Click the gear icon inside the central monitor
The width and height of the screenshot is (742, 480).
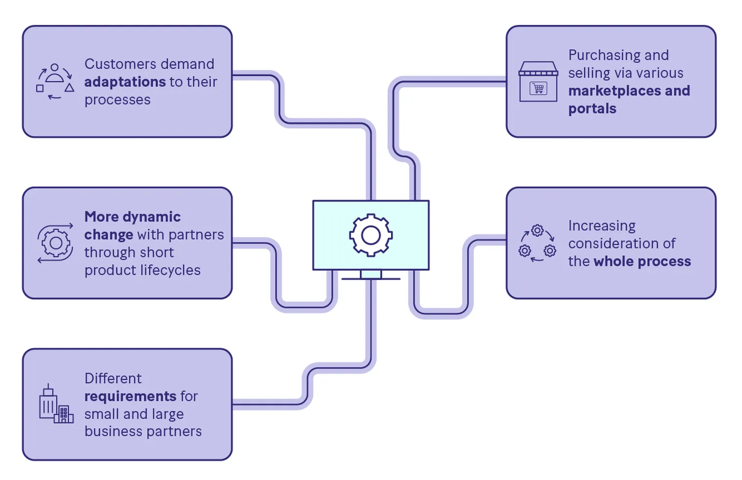(x=371, y=235)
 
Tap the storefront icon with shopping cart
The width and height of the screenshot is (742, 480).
(x=538, y=81)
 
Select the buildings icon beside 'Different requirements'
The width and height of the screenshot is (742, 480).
(x=56, y=403)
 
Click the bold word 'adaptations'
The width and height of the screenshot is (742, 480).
(x=125, y=82)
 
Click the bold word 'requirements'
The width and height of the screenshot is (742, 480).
(x=130, y=396)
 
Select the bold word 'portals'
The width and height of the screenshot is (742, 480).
(x=592, y=109)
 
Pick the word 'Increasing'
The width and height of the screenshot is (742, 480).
(x=602, y=226)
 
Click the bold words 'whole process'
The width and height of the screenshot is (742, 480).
(x=642, y=261)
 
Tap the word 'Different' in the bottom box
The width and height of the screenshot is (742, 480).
(x=113, y=379)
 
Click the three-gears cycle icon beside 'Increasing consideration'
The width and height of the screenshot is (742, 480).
(x=537, y=243)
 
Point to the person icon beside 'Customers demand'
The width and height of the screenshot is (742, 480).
(x=55, y=73)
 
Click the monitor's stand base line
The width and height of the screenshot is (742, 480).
(x=371, y=279)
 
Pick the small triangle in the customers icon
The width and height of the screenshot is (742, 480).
(x=69, y=88)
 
